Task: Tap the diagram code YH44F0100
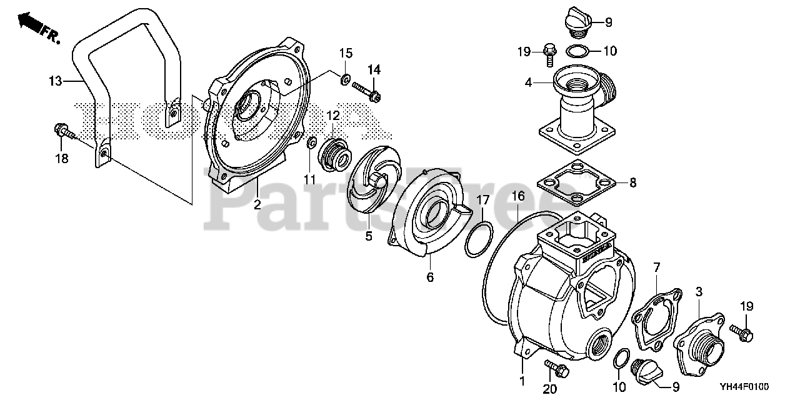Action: [760, 387]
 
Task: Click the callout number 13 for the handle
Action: [56, 80]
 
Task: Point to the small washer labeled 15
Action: [344, 79]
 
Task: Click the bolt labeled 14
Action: [367, 91]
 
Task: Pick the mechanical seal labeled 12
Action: [333, 154]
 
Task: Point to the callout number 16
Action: [518, 196]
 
